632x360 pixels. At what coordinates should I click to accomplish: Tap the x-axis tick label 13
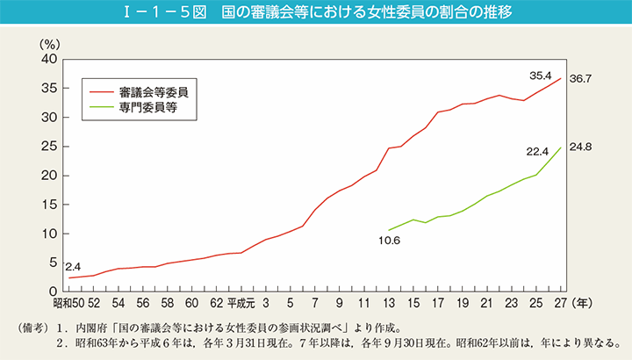(x=388, y=304)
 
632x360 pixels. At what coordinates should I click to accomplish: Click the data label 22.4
(x=537, y=152)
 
